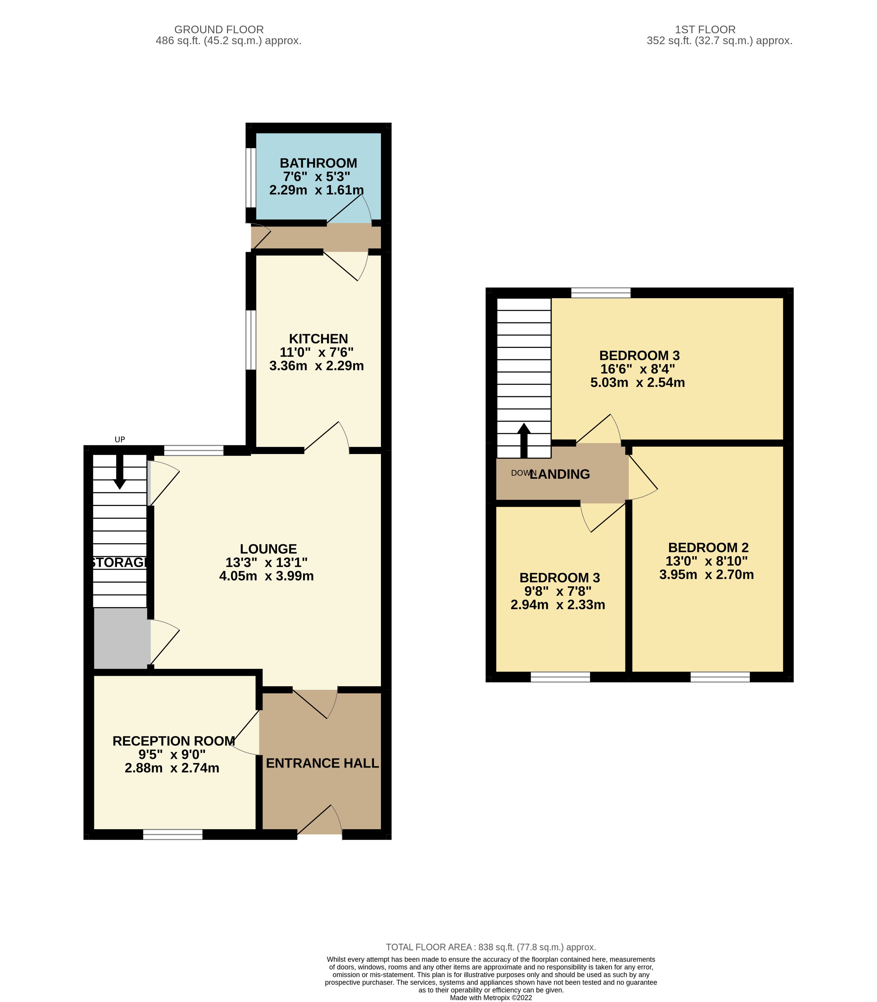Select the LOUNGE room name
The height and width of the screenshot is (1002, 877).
268,549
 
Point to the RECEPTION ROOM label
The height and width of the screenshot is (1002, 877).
174,741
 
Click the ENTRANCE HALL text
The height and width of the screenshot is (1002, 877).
323,763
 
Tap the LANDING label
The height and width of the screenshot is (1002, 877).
560,474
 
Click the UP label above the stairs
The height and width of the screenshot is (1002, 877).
120,439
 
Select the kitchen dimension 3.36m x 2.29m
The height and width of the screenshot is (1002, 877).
317,366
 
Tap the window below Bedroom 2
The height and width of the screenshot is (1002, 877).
720,677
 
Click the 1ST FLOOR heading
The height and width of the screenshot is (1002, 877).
705,30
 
